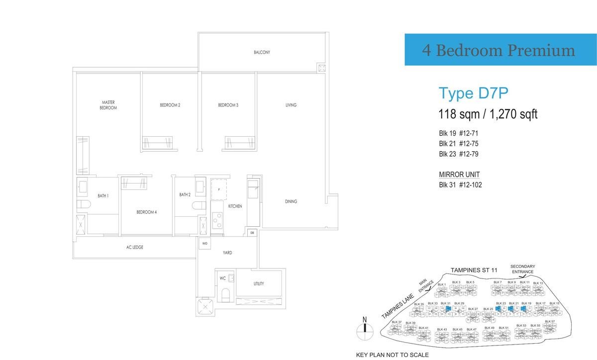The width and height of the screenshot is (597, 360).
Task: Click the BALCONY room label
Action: [x=262, y=52]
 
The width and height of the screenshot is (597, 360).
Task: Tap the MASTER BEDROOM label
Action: [x=108, y=105]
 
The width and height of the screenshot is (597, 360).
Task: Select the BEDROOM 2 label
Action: [x=170, y=105]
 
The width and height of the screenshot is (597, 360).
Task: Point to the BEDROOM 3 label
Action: [x=228, y=105]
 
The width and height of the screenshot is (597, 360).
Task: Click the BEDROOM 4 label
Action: [x=147, y=212]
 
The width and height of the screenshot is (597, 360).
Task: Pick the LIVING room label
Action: [x=291, y=105]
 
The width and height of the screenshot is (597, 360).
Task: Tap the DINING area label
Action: [x=291, y=201]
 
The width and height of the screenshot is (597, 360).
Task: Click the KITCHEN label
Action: [x=235, y=206]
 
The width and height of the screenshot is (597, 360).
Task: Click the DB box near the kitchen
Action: [x=252, y=233]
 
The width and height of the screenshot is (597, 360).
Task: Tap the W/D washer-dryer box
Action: [x=204, y=244]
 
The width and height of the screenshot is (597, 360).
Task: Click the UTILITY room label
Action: [x=258, y=284]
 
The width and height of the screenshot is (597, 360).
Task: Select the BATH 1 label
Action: [x=103, y=196]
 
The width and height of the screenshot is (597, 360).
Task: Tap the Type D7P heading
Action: [x=472, y=93]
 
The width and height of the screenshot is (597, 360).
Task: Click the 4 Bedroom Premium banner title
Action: [x=498, y=50]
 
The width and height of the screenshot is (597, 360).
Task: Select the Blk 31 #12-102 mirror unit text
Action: [x=460, y=185]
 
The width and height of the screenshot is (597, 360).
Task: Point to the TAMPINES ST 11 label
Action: [x=474, y=270]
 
